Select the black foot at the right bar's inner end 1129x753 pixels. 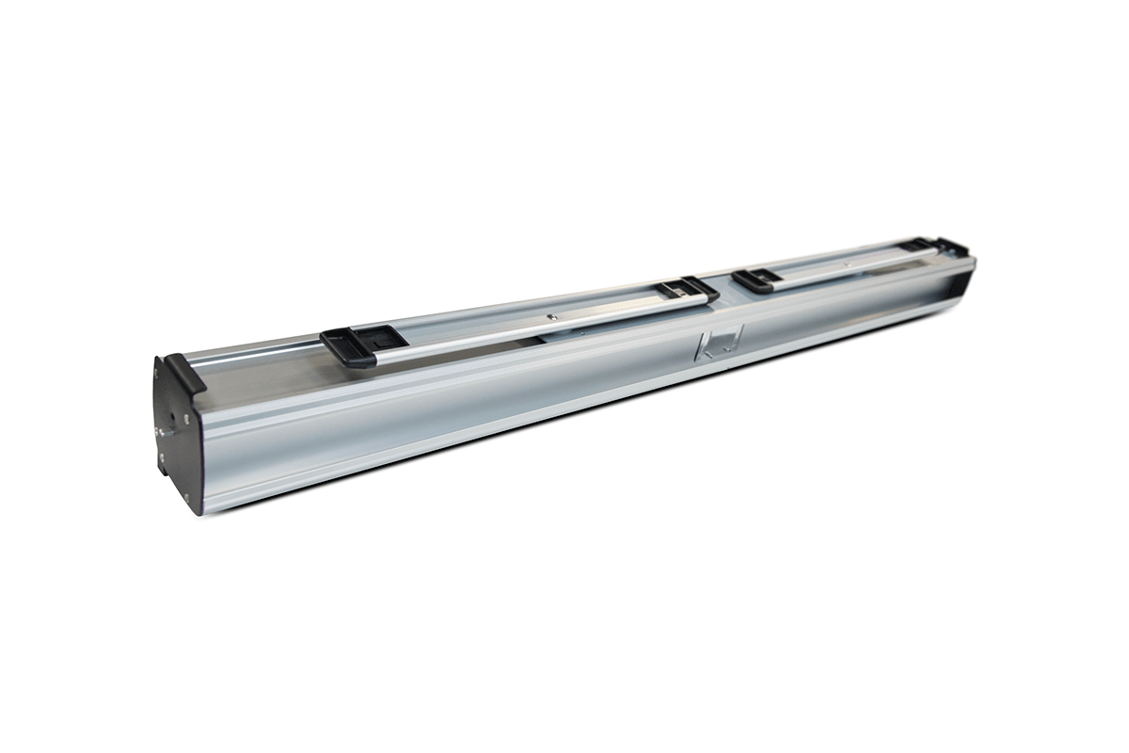pyautogui.click(x=755, y=279)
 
